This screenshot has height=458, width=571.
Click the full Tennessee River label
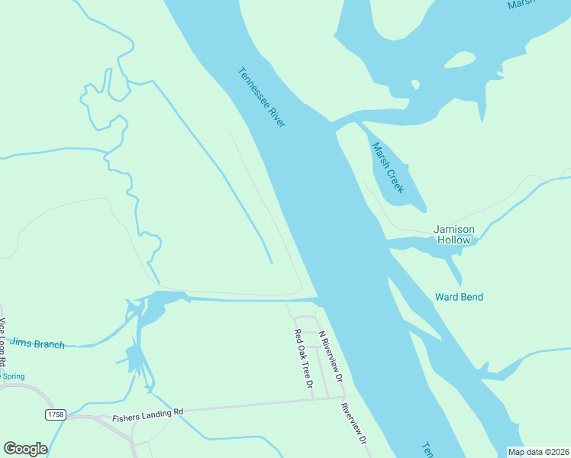[261, 98]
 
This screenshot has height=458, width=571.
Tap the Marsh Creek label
[387, 168]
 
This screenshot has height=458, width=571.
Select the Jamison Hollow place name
[454, 234]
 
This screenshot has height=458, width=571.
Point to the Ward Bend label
[459, 297]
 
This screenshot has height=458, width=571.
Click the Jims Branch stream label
[38, 345]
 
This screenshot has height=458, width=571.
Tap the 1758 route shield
[55, 414]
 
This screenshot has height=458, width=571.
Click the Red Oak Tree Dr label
[304, 363]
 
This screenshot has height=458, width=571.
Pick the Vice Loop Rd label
[4, 343]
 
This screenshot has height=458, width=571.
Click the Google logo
[25, 449]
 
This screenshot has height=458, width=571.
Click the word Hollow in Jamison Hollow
[454, 240]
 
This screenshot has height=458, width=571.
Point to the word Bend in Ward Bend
[471, 297]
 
